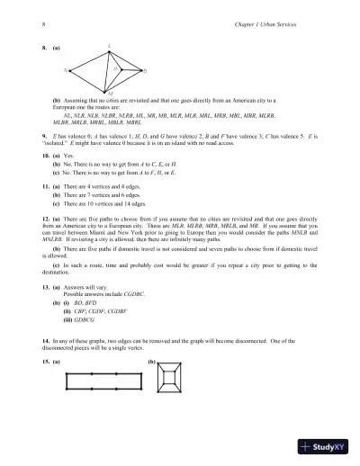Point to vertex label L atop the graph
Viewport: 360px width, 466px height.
coord(109,44)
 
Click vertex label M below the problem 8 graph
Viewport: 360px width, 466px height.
coord(108,93)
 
